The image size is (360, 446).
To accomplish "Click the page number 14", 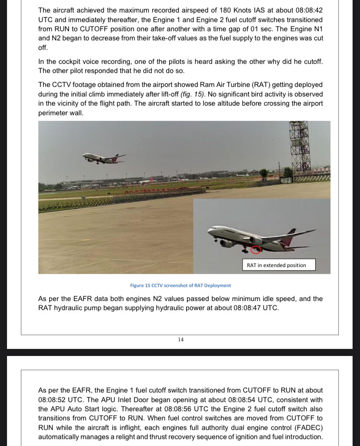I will pyautogui.click(x=180, y=339).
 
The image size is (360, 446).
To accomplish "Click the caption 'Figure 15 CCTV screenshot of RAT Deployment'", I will pyautogui.click(x=180, y=285).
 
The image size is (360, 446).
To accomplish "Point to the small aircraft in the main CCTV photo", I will pyautogui.click(x=103, y=158).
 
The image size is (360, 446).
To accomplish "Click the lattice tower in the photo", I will pyautogui.click(x=300, y=148).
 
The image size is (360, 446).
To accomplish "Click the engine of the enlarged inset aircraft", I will pyautogui.click(x=226, y=243).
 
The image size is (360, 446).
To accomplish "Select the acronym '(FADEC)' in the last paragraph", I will pyautogui.click(x=307, y=427).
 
